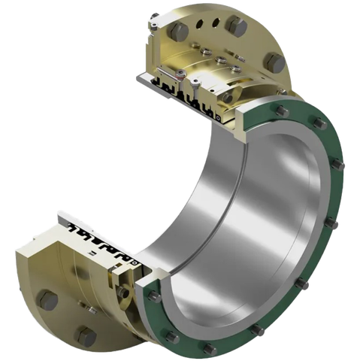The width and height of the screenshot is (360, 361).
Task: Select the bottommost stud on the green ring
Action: point(205,347)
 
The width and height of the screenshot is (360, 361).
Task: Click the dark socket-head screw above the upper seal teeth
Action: point(195,86)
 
